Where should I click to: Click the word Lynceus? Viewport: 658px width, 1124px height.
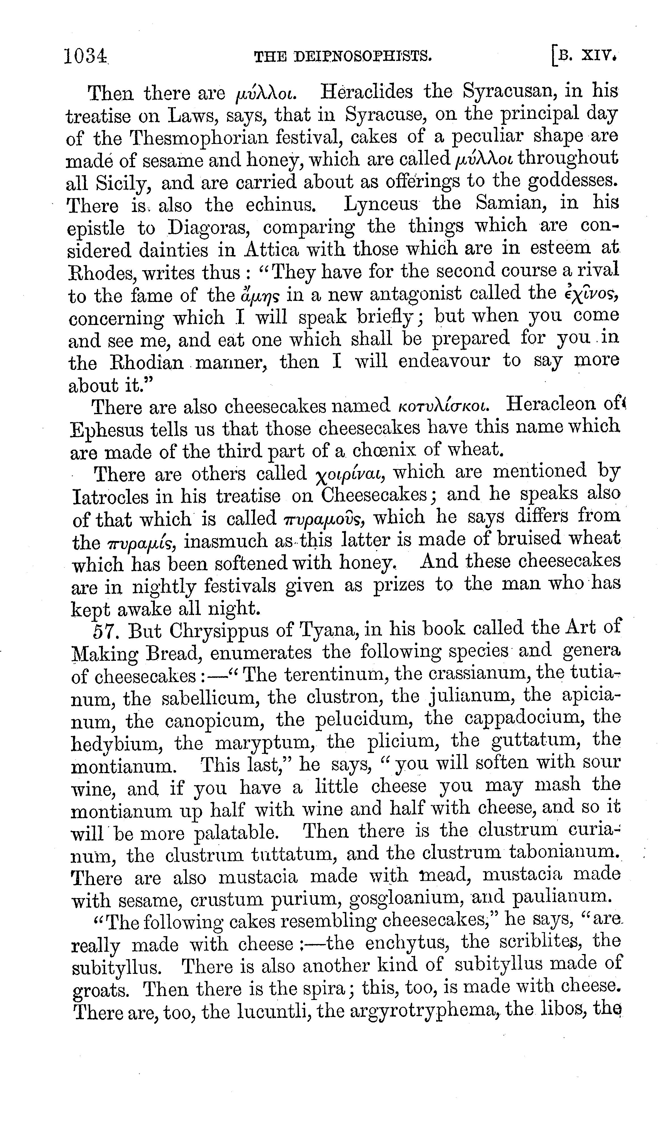[x=381, y=204]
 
